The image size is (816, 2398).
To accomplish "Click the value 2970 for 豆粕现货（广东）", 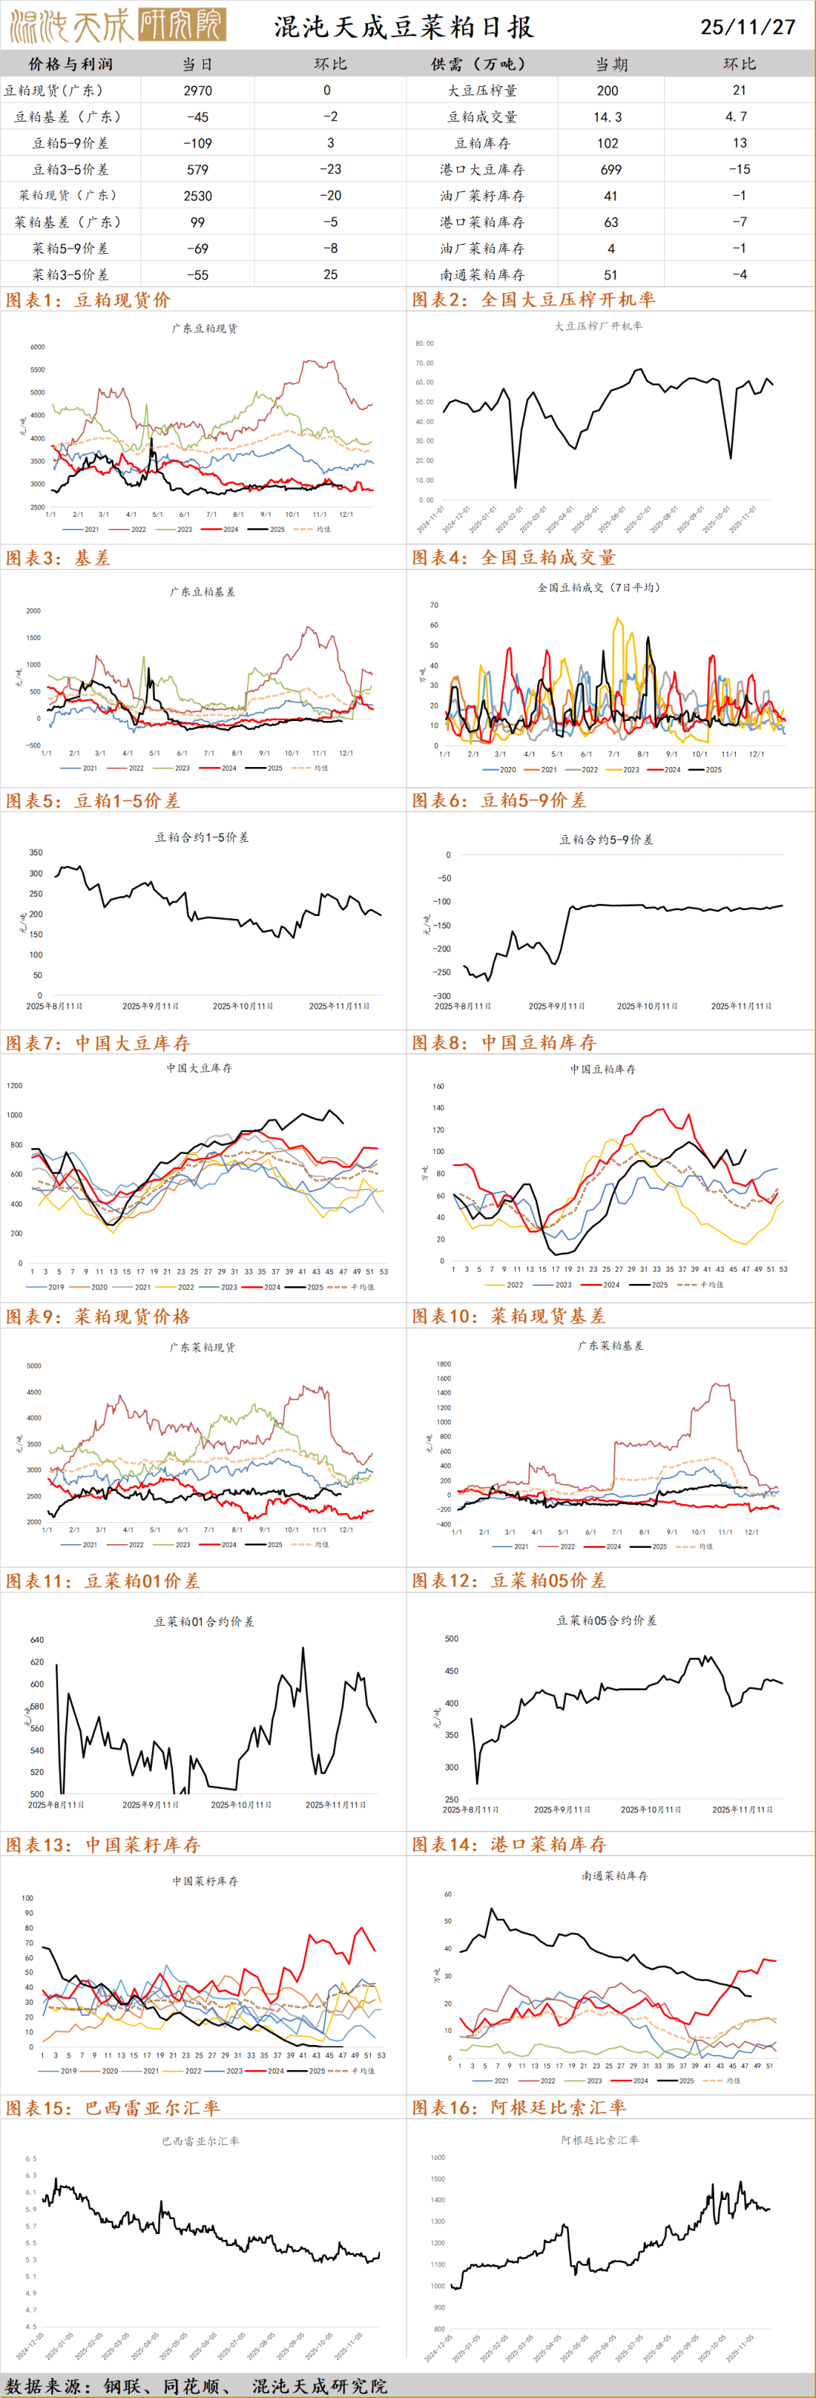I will coord(197,90).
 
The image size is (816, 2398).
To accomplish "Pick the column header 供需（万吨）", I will coord(481,64).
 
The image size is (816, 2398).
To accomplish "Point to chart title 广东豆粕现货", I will coord(204,329).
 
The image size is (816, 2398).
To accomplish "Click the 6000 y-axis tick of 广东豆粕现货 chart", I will coord(37,347).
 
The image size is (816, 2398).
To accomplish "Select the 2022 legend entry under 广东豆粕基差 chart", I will coord(136,768).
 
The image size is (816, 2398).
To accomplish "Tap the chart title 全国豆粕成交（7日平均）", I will coord(598,587).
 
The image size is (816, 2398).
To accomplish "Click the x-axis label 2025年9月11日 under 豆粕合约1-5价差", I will coord(150,1007).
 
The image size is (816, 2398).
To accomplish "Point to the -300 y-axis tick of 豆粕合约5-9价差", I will coord(443,995).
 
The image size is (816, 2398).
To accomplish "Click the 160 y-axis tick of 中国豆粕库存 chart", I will coord(438,1086).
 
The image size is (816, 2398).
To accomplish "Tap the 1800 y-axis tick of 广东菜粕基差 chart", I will coord(444,1365).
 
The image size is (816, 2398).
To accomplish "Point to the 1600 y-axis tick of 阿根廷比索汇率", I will coord(437,2157).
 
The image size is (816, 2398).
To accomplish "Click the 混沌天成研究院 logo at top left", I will coord(116,26).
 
